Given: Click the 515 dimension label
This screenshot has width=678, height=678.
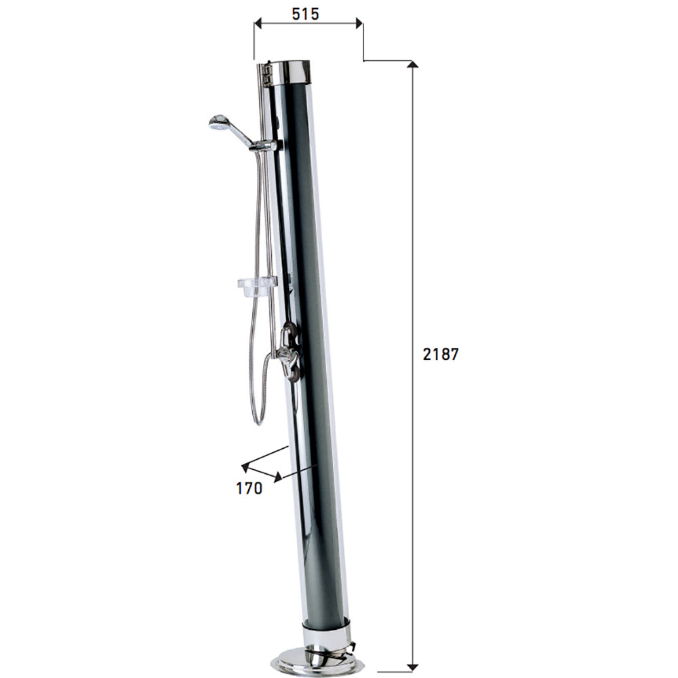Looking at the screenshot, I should tap(306, 14).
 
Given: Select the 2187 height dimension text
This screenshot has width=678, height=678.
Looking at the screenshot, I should tap(441, 354).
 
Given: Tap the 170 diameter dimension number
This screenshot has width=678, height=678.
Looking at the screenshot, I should tap(250, 488).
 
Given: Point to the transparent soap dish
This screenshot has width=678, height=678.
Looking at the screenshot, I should tap(256, 285).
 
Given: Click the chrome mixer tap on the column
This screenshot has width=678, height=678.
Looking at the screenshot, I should tap(290, 353).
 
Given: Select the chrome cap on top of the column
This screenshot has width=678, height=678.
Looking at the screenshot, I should tap(292, 71).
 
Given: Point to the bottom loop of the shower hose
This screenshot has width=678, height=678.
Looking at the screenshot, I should tap(258, 416).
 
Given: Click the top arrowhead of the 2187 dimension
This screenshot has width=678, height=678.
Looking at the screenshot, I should tap(412, 65).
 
